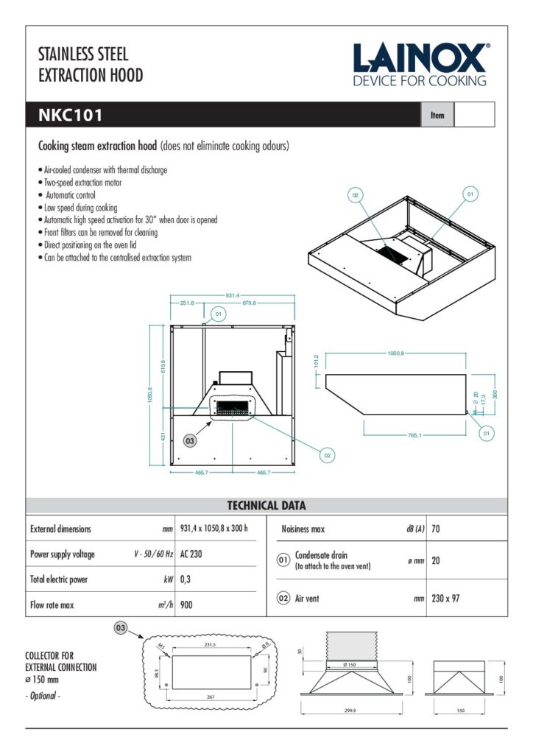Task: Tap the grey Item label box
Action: pyautogui.click(x=437, y=115)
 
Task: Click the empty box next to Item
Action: pyautogui.click(x=474, y=115)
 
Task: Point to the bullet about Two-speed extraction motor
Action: pyautogui.click(x=82, y=182)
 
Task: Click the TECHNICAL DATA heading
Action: pyautogui.click(x=266, y=506)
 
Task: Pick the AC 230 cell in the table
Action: pyautogui.click(x=191, y=554)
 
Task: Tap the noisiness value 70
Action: pyautogui.click(x=437, y=529)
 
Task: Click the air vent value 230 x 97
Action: pyautogui.click(x=446, y=598)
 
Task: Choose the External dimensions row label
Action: pyautogui.click(x=61, y=529)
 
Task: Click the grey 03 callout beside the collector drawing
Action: pyautogui.click(x=119, y=627)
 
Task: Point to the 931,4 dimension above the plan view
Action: pyautogui.click(x=232, y=295)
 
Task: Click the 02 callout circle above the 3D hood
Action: pyautogui.click(x=356, y=194)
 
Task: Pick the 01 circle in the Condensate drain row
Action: pyautogui.click(x=283, y=560)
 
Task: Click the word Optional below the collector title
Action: pyautogui.click(x=43, y=695)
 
